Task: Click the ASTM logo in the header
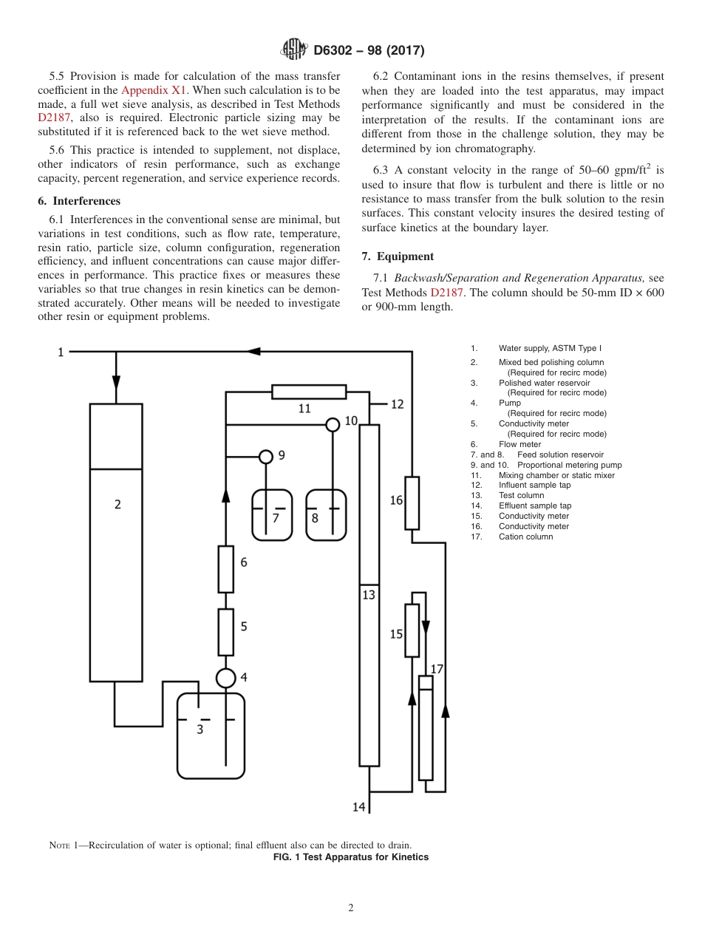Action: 294,50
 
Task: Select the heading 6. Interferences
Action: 79,201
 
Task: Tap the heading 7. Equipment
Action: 398,256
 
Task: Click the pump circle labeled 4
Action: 225,678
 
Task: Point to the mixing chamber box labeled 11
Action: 308,392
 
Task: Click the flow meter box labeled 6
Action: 225,569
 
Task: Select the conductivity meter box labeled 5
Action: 225,633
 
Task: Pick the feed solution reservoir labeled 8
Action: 326,515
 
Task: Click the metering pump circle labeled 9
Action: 266,456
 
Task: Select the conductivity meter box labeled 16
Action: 412,503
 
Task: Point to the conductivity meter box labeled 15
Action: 412,630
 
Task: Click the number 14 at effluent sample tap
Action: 358,807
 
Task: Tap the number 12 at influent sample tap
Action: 398,404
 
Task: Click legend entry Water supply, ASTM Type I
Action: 554,348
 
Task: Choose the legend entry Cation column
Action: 525,537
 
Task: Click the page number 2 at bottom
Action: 351,908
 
